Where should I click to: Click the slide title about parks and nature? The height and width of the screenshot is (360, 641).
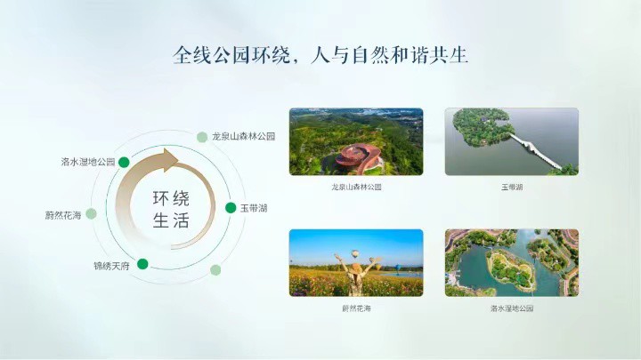click(320, 55)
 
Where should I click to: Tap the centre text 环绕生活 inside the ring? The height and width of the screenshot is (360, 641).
click(171, 209)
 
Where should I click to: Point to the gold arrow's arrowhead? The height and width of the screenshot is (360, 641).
click(167, 160)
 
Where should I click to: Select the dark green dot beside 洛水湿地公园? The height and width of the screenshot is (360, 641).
click(124, 162)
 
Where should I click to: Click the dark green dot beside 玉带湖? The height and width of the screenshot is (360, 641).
click(231, 208)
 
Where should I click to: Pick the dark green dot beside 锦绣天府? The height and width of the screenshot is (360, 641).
click(142, 264)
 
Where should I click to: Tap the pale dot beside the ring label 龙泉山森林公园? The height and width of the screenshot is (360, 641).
click(202, 137)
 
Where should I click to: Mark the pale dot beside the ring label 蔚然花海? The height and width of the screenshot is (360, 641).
click(91, 213)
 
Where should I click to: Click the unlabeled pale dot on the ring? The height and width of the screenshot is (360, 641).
click(215, 270)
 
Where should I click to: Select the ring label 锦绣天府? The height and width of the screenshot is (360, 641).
click(111, 266)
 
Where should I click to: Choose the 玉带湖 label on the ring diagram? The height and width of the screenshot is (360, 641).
click(254, 208)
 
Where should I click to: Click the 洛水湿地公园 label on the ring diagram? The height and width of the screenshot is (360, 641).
click(88, 162)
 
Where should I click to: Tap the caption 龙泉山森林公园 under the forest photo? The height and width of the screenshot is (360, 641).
click(356, 188)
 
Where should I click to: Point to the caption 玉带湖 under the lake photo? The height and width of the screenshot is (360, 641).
click(512, 188)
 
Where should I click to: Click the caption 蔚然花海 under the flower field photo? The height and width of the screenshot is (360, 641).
click(356, 308)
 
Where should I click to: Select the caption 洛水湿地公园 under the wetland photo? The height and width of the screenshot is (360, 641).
click(512, 308)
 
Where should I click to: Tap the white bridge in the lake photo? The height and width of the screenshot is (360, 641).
click(536, 150)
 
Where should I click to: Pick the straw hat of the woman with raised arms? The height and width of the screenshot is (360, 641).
click(357, 268)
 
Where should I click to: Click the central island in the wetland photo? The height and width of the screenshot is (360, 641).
click(511, 269)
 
